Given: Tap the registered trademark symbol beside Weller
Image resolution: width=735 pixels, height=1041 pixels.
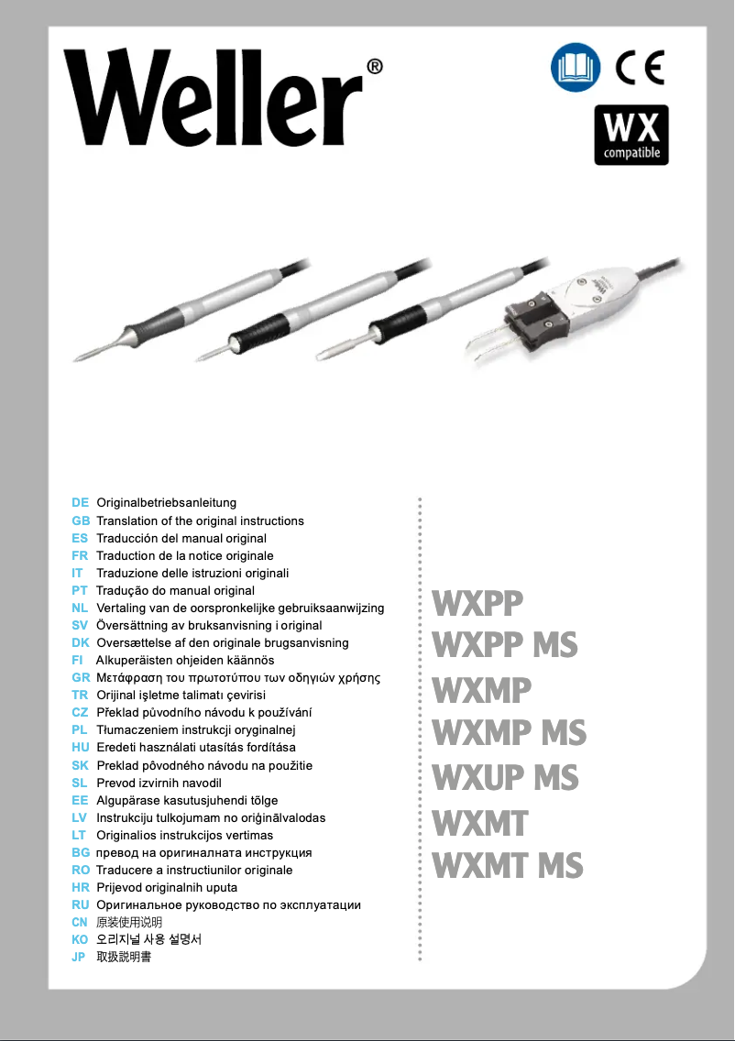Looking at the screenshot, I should pyautogui.click(x=375, y=67).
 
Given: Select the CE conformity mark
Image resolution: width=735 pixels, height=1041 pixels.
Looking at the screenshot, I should pyautogui.click(x=639, y=67).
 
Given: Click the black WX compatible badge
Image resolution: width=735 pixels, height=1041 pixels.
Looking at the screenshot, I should pyautogui.click(x=631, y=135).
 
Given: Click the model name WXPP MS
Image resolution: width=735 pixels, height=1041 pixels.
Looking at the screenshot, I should pyautogui.click(x=505, y=645).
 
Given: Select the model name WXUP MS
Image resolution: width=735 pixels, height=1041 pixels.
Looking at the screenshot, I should pyautogui.click(x=505, y=778).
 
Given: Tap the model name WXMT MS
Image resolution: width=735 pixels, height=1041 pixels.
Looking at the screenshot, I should pyautogui.click(x=507, y=866).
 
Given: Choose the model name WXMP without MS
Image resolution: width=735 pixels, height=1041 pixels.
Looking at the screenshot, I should pyautogui.click(x=481, y=689).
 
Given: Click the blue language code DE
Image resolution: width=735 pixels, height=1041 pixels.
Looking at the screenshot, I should pyautogui.click(x=80, y=503).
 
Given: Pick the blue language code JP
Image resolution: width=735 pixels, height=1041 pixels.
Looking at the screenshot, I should pyautogui.click(x=79, y=958).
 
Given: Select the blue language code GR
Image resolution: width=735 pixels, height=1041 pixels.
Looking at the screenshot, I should pyautogui.click(x=80, y=678).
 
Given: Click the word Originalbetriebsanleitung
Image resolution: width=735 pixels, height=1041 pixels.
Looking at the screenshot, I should pyautogui.click(x=167, y=503).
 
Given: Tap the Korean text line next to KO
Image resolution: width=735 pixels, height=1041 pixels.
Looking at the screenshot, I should pyautogui.click(x=148, y=940).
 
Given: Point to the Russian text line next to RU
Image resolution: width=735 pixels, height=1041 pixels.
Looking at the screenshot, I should pyautogui.click(x=228, y=905).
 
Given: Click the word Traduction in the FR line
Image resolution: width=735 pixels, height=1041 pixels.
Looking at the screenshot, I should pyautogui.click(x=125, y=555).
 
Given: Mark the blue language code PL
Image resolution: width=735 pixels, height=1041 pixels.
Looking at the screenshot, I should pyautogui.click(x=80, y=730).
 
